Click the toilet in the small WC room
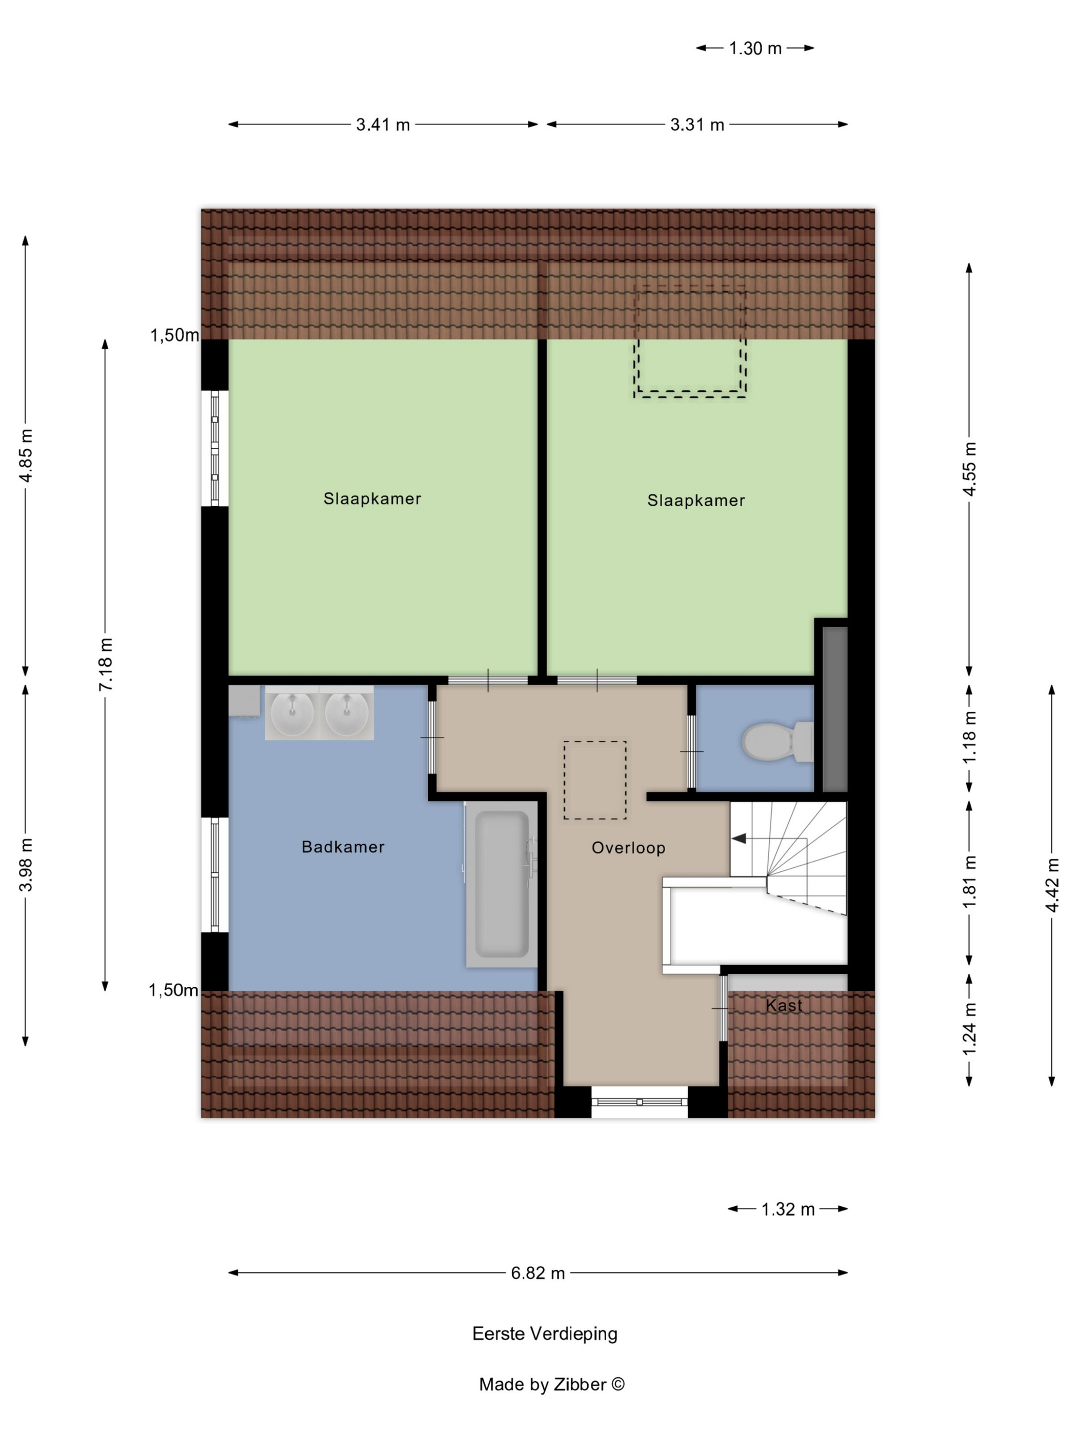tap(777, 741)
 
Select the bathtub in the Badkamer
tap(501, 884)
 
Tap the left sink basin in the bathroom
tap(292, 713)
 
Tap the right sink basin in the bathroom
tap(347, 713)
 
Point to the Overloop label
tap(628, 848)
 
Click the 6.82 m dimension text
tap(537, 1273)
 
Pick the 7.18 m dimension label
tap(105, 664)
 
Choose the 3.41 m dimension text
tap(383, 125)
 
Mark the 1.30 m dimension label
tap(755, 48)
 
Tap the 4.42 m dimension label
tap(1052, 884)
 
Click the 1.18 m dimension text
tap(969, 737)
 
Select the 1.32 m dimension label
tap(787, 1209)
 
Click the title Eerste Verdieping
tap(545, 1333)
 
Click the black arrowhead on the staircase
tap(738, 839)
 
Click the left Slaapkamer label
tap(372, 498)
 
